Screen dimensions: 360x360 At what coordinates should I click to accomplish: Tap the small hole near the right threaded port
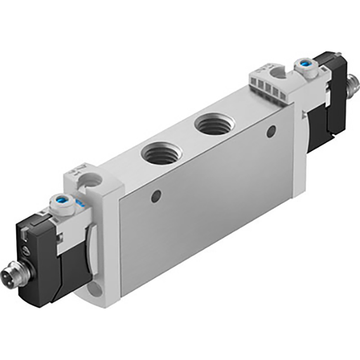pos(271,131)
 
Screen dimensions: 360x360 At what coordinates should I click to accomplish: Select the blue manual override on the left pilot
pos(61,206)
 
